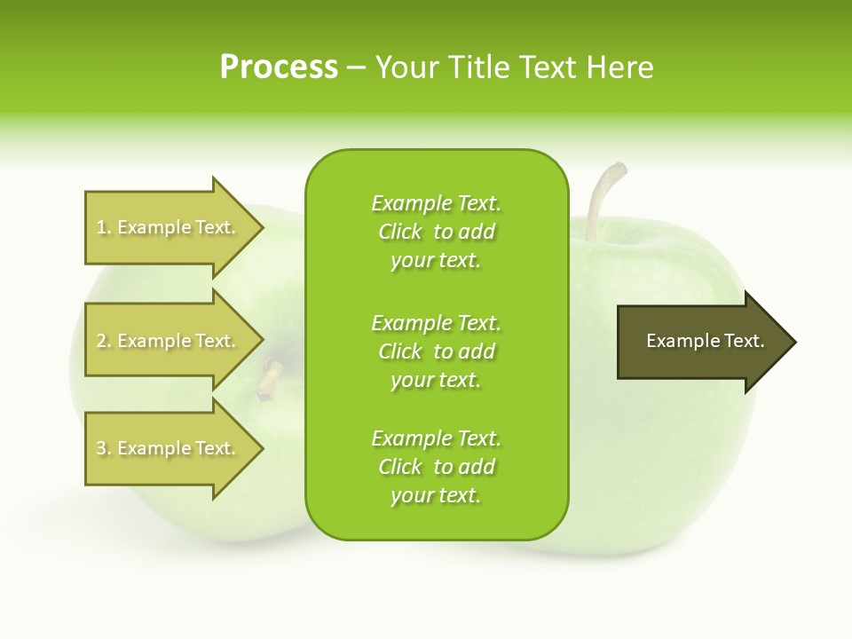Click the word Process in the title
[x=279, y=67]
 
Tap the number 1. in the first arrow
[x=104, y=228]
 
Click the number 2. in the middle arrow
[x=104, y=342]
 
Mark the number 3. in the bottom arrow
[x=104, y=449]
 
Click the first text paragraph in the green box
[x=436, y=232]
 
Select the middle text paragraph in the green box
[x=436, y=351]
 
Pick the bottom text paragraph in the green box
[x=436, y=467]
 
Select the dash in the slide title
[x=356, y=68]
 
